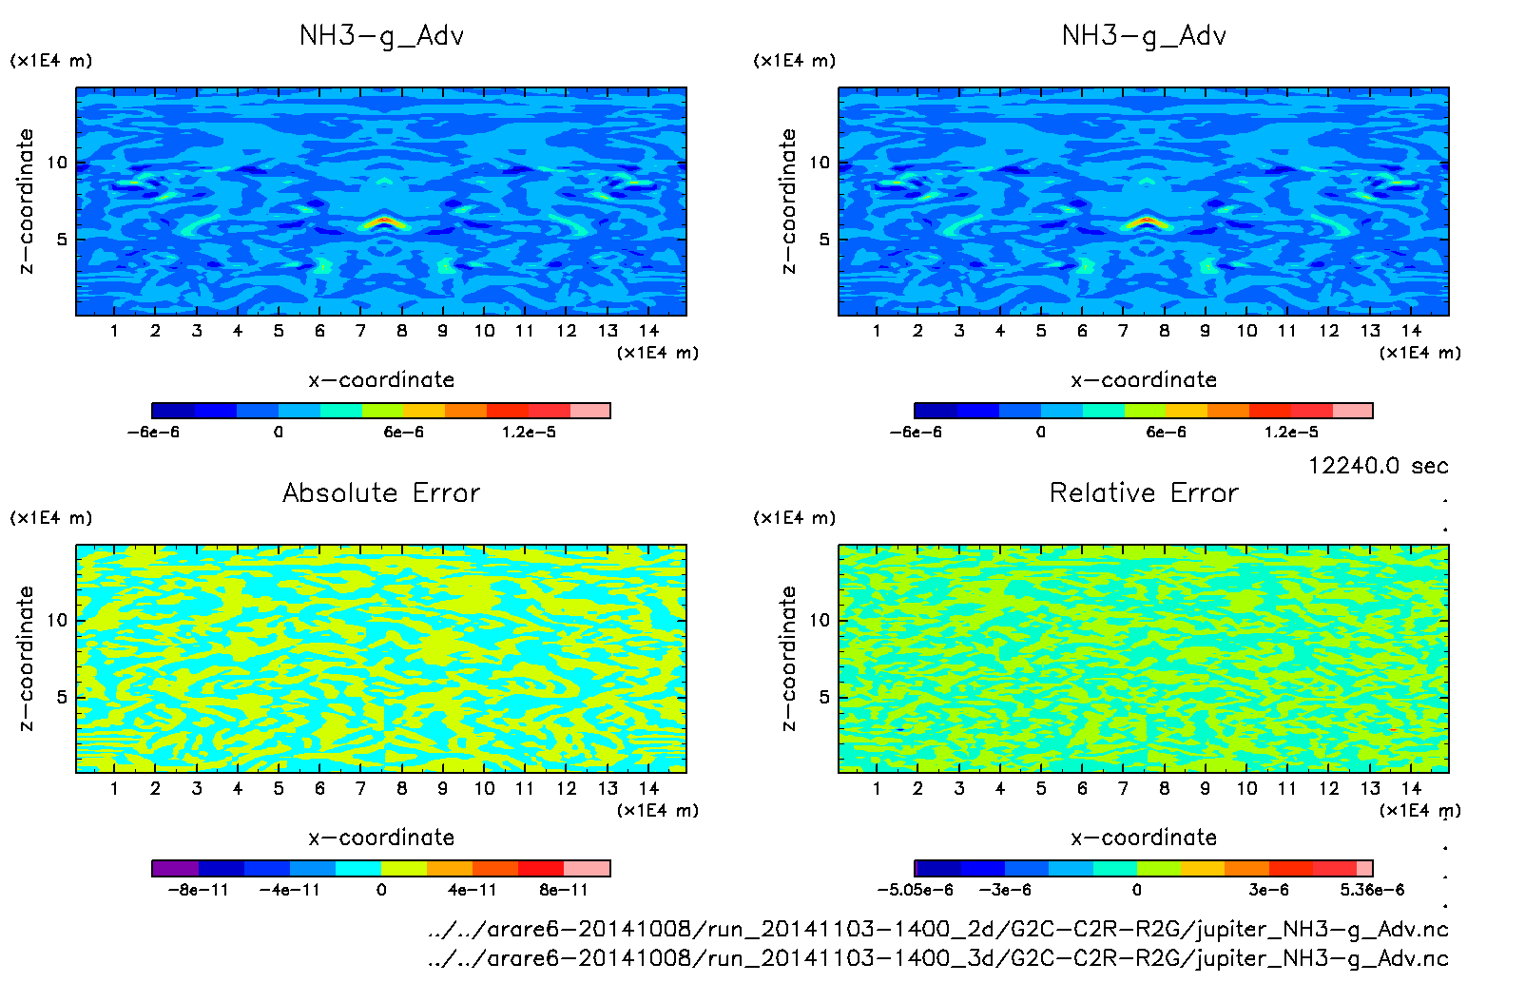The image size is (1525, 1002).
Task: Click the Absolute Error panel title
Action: (x=381, y=492)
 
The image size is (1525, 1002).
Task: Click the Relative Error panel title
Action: (x=1144, y=492)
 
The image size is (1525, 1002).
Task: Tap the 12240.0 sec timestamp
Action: (x=1378, y=465)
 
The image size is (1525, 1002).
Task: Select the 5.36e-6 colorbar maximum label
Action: (x=1372, y=890)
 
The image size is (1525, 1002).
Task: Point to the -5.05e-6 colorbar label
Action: (x=915, y=890)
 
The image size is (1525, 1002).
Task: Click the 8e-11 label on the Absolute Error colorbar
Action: (x=563, y=890)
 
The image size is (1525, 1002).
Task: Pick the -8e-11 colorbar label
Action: (x=198, y=890)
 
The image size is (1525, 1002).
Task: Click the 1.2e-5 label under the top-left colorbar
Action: (x=529, y=432)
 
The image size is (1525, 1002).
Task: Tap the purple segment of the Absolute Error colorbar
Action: (x=175, y=868)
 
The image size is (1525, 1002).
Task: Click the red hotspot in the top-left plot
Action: (x=382, y=222)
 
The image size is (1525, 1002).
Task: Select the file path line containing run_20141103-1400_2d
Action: (x=937, y=929)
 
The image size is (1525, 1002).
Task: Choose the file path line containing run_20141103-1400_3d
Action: (x=937, y=957)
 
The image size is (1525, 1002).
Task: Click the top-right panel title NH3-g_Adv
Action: (x=1144, y=36)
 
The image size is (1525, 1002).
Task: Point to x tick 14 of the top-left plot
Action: (x=648, y=331)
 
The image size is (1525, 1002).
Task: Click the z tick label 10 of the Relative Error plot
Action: (x=820, y=620)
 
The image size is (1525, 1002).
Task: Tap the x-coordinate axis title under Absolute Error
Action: (x=381, y=838)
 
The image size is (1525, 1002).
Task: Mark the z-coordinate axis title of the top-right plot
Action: (x=788, y=202)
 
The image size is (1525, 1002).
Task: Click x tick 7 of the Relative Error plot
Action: (x=1123, y=788)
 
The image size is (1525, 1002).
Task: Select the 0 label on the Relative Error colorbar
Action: (x=1136, y=890)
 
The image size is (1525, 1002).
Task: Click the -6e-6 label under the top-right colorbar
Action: (x=916, y=432)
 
